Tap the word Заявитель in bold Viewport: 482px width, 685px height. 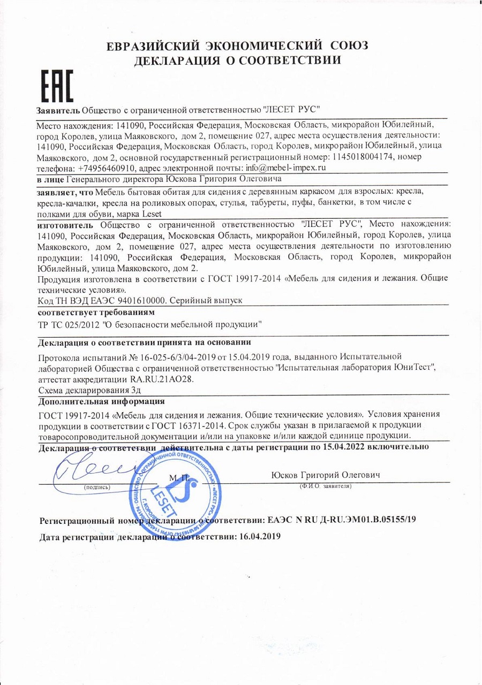click(x=58, y=110)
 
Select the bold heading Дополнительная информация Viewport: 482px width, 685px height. click(x=102, y=401)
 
